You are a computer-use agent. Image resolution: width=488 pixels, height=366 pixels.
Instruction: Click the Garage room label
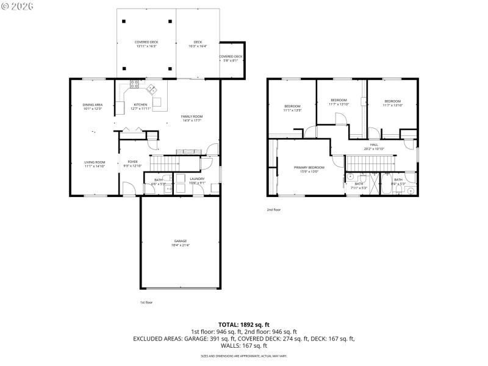tap(181, 243)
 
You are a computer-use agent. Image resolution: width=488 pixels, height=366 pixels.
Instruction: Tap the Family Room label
tap(192, 118)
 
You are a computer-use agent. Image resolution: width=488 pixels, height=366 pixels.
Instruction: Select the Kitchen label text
tap(141, 107)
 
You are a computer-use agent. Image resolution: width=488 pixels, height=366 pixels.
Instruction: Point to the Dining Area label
tap(93, 107)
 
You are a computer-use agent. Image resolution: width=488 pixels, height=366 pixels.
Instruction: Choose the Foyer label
tap(133, 163)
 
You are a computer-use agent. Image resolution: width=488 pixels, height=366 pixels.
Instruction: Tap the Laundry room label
tap(196, 181)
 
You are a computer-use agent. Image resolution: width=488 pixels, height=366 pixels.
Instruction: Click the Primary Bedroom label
tap(309, 169)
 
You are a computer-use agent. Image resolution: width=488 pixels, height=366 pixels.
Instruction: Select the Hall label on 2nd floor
tap(374, 146)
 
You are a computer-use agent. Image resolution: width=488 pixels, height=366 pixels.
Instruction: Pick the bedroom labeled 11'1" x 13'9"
tap(292, 108)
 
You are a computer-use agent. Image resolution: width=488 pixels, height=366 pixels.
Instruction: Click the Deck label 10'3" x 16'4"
tap(198, 44)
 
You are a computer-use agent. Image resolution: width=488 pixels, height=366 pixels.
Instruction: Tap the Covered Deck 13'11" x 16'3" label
tap(146, 44)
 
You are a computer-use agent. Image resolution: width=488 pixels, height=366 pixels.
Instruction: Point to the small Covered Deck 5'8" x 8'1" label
tap(231, 58)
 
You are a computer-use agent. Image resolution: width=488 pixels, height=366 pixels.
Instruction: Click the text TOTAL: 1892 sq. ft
tap(244, 325)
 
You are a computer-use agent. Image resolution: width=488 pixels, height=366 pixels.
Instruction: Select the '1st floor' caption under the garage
tap(146, 302)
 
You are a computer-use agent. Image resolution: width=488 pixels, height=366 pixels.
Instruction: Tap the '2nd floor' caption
tap(273, 210)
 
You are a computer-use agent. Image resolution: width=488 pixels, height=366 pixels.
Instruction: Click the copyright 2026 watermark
tap(18, 5)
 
